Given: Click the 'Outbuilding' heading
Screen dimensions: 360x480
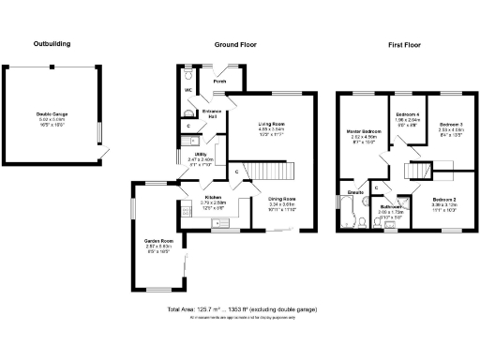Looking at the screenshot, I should [52, 44].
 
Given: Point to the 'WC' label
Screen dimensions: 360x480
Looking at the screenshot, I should [187, 90].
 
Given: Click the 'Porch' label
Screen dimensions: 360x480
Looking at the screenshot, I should [219, 82].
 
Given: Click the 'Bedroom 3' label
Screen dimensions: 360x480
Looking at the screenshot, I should [452, 124].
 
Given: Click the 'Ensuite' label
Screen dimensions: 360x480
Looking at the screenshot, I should [355, 192].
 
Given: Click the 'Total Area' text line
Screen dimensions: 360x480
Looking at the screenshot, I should [240, 308].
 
